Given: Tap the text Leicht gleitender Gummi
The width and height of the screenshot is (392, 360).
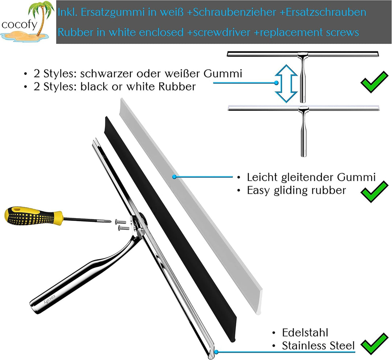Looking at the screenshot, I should [311, 177].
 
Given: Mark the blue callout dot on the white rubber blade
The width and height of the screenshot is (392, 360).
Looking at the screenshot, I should [175, 177].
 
